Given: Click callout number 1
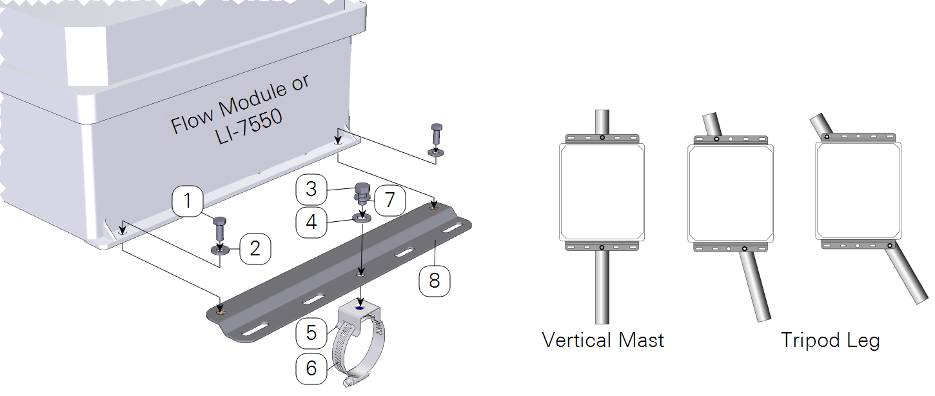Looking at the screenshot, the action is [188, 201].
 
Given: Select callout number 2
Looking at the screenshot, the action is [255, 249].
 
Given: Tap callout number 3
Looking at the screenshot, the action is [311, 189].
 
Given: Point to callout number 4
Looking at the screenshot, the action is [311, 222].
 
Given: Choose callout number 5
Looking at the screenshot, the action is [311, 333].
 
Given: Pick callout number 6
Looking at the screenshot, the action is [311, 368].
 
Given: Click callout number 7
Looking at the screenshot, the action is [390, 200].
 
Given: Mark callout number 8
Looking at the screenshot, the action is [434, 281].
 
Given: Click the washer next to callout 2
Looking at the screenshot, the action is [220, 250].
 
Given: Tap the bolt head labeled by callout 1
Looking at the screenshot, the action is [219, 222].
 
